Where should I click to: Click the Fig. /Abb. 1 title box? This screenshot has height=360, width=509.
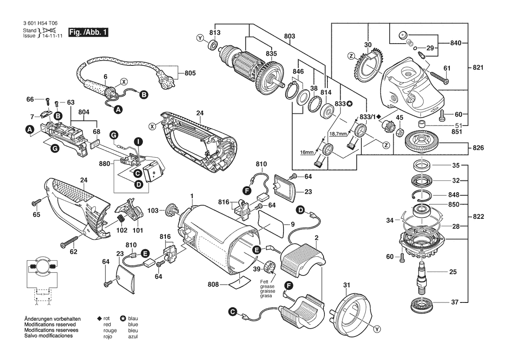pyautogui.click(x=89, y=33)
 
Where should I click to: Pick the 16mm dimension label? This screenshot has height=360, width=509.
pyautogui.click(x=307, y=152)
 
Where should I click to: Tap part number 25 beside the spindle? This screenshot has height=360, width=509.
pyautogui.click(x=453, y=272)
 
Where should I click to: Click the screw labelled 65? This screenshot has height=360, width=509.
pyautogui.click(x=35, y=203)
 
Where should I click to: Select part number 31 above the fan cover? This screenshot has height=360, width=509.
pyautogui.click(x=346, y=285)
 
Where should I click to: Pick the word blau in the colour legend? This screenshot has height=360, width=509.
pyautogui.click(x=133, y=319)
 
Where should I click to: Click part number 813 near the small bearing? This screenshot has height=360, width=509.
pyautogui.click(x=215, y=32)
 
